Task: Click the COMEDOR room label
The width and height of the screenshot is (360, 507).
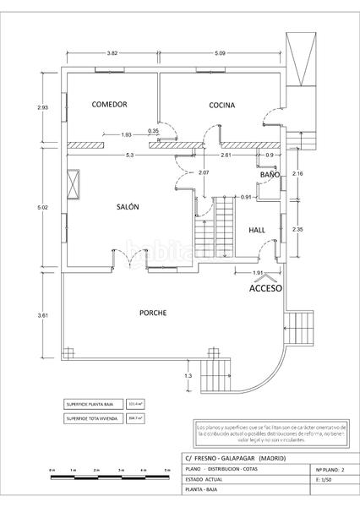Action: point(110,105)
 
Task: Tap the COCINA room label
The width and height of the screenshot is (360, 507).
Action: point(222,106)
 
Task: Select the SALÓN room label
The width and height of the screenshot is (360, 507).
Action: point(127,206)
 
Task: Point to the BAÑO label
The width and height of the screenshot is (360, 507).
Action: point(270,174)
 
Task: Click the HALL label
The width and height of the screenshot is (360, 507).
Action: point(258,230)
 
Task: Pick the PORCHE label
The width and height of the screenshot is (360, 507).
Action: point(153,313)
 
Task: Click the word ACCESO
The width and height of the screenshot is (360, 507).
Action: point(265,288)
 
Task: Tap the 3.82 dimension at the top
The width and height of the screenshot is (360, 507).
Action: point(112,54)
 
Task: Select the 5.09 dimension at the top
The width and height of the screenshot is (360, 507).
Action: point(221,54)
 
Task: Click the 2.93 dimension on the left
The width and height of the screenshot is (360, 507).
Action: point(42,107)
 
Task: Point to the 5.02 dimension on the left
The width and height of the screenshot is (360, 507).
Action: point(42,205)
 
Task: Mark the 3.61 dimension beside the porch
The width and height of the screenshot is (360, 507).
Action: point(42,315)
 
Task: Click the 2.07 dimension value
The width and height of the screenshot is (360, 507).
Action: point(204,172)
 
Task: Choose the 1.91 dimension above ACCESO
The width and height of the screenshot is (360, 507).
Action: point(259,273)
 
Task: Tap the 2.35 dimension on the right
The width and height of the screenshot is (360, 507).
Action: point(297,229)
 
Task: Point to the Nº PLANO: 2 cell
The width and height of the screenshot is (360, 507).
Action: point(330,467)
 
